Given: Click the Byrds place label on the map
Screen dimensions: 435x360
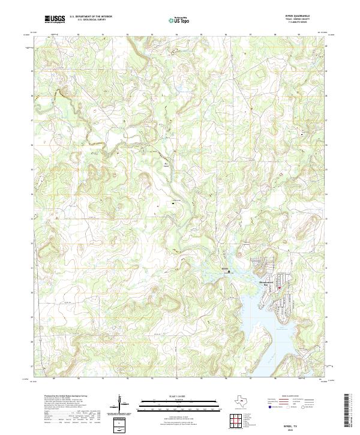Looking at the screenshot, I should (x=226, y=268).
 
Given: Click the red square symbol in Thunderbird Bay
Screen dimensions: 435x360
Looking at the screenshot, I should (x=279, y=288).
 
